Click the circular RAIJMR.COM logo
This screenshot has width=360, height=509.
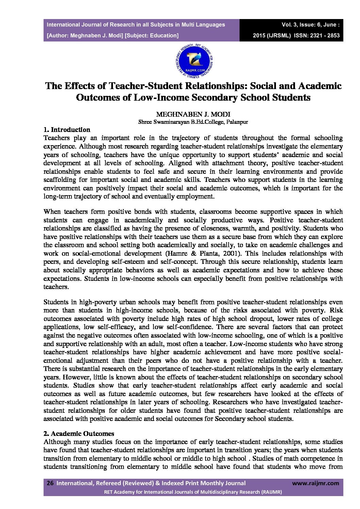[193, 60]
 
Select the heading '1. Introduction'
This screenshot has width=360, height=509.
[67, 130]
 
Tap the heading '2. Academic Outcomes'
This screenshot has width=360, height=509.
[79, 434]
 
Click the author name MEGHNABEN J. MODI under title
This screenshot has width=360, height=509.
[193, 114]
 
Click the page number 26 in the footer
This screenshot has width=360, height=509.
[50, 483]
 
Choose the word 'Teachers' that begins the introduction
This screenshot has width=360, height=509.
[57, 138]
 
